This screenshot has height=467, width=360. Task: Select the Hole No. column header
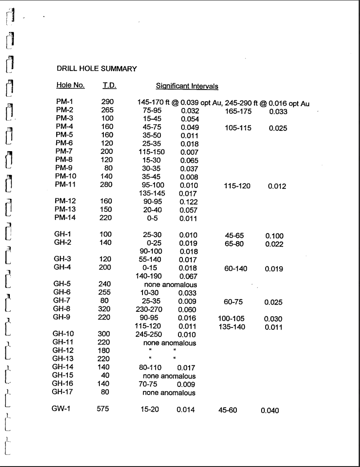tap(68, 85)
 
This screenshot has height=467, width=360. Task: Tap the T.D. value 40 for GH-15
tap(109, 376)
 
